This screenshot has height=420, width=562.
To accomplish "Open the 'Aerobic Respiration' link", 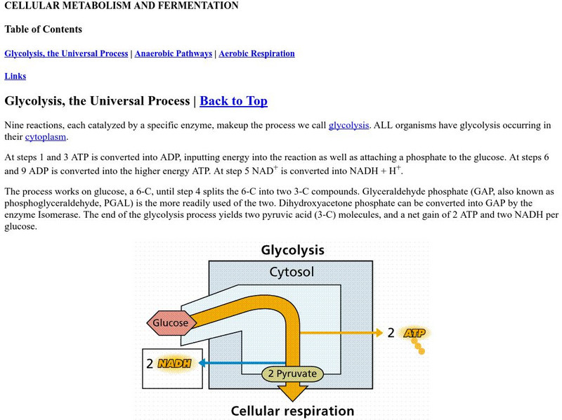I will click(256, 53).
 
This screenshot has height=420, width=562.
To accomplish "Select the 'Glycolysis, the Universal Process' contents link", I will click(66, 53).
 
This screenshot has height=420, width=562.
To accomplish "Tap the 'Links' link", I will click(16, 76).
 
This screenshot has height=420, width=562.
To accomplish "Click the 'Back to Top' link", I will click(233, 101).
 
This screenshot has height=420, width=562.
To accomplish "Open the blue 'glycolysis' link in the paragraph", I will click(348, 125).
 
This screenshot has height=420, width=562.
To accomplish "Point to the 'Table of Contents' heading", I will click(43, 29).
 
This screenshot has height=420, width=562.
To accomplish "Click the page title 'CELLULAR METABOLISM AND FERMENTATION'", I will click(122, 6).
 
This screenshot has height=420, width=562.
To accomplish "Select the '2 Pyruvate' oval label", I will click(293, 374).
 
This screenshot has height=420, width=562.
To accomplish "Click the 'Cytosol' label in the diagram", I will click(292, 273).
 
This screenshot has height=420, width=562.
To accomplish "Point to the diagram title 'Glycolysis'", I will click(292, 250).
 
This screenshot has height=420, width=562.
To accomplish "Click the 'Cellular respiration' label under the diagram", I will click(292, 411).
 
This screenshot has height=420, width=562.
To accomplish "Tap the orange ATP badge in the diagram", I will click(414, 333).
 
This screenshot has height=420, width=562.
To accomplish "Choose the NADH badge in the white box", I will click(174, 364).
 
